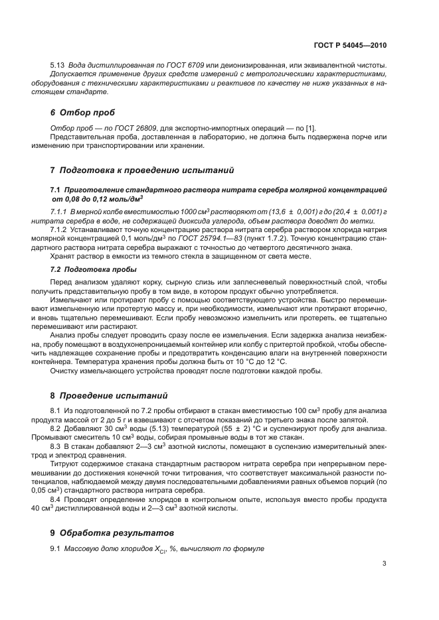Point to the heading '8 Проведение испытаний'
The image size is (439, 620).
click(109, 395)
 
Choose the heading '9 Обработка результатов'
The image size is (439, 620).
click(112, 532)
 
